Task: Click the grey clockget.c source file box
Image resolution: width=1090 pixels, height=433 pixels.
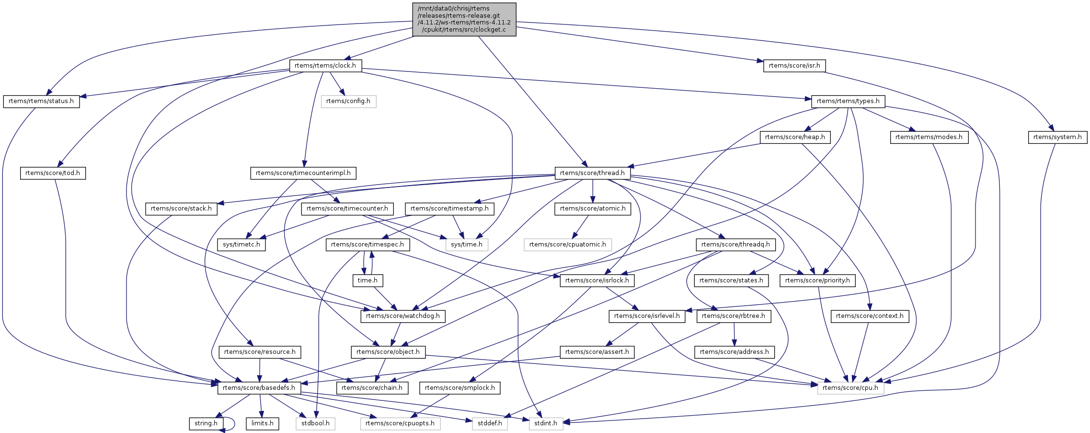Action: pyautogui.click(x=464, y=19)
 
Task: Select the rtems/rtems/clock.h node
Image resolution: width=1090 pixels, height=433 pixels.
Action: pyautogui.click(x=325, y=66)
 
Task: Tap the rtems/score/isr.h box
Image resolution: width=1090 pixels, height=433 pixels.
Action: pyautogui.click(x=794, y=66)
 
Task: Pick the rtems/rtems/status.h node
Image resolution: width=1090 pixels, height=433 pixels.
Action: pyautogui.click(x=41, y=101)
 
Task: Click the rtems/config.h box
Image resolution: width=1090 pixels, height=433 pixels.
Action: pyautogui.click(x=348, y=101)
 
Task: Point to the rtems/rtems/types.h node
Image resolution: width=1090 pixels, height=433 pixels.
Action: pyautogui.click(x=848, y=101)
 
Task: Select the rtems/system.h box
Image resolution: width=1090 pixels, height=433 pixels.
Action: pyautogui.click(x=1057, y=137)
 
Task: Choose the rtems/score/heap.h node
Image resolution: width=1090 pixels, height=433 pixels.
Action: pyautogui.click(x=795, y=137)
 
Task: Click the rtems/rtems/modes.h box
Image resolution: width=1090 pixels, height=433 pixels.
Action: pyautogui.click(x=929, y=137)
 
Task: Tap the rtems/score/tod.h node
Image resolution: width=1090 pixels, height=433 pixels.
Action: pyautogui.click(x=53, y=173)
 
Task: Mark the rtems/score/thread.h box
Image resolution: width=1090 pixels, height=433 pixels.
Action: pyautogui.click(x=592, y=173)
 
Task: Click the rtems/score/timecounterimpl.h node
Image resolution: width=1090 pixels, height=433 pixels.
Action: pyautogui.click(x=303, y=173)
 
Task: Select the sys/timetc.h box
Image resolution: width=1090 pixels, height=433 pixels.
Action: pyautogui.click(x=241, y=245)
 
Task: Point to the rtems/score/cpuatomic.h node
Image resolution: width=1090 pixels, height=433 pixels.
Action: pyautogui.click(x=567, y=245)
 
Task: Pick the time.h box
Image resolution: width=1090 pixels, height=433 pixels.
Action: pyautogui.click(x=367, y=281)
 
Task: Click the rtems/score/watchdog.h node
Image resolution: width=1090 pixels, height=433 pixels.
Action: pyautogui.click(x=402, y=316)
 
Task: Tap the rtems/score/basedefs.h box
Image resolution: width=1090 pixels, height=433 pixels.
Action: pyautogui.click(x=259, y=388)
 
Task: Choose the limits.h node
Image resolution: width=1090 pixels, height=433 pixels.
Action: pyautogui.click(x=262, y=423)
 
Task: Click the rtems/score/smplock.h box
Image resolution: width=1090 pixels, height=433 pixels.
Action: pyautogui.click(x=459, y=388)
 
